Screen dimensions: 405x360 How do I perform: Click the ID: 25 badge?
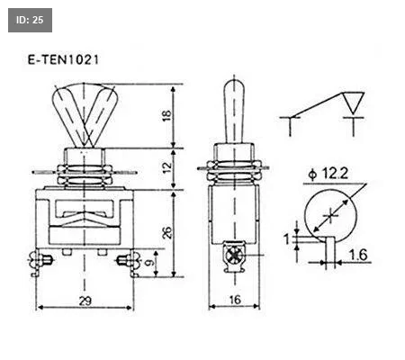[x=30, y=20]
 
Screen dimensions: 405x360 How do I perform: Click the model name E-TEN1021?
[x=63, y=60]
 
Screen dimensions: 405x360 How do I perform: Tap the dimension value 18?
[x=166, y=115]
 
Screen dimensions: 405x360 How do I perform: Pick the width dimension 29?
[x=85, y=301]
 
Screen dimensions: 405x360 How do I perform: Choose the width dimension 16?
[x=235, y=300]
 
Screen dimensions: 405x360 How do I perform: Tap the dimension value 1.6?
[x=358, y=255]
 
